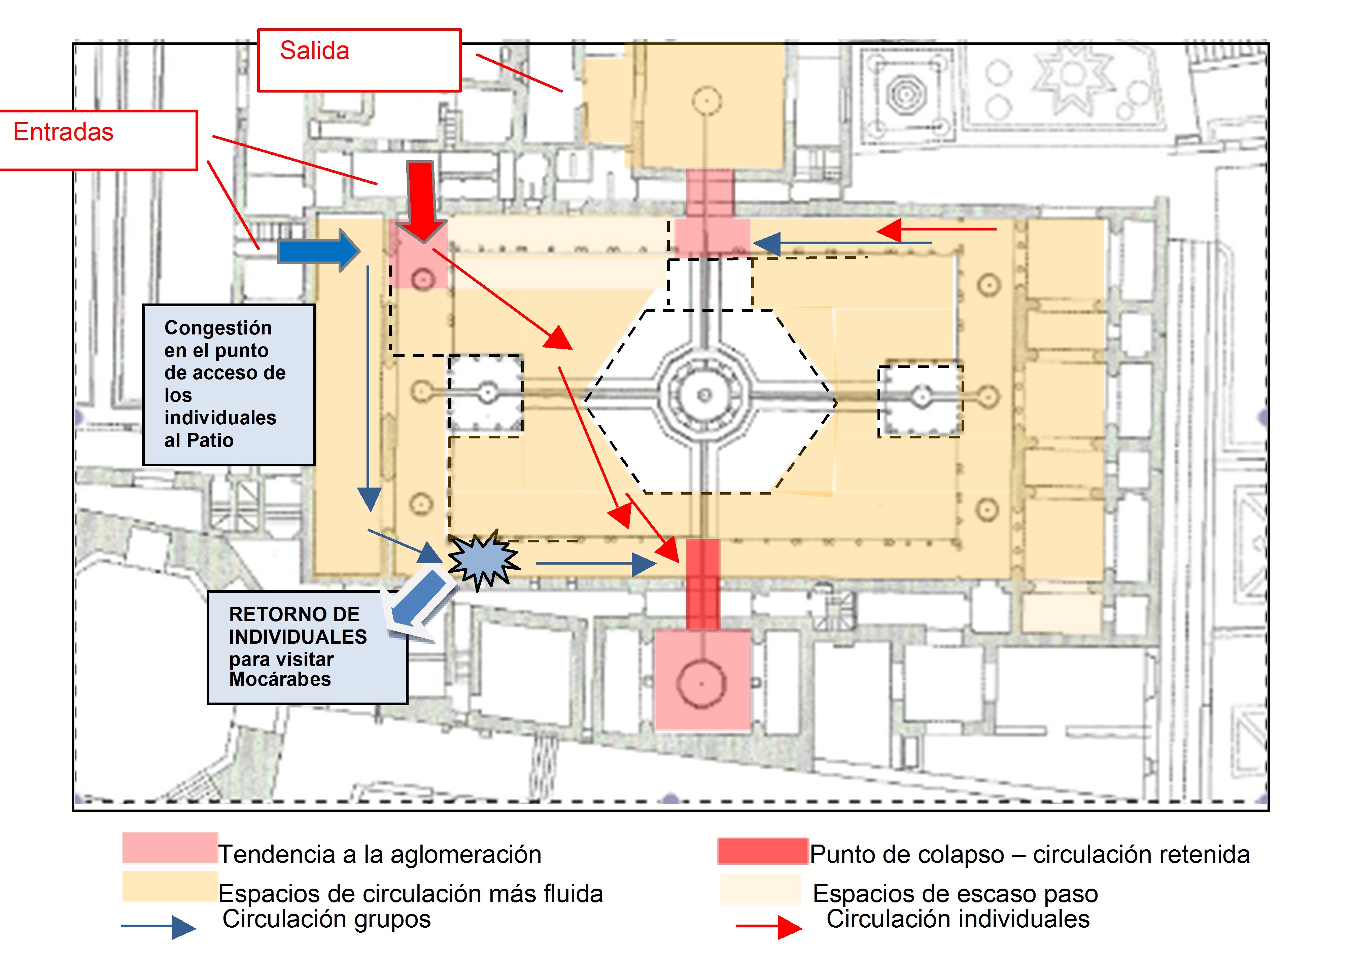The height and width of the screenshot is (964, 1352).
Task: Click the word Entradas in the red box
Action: coord(64,132)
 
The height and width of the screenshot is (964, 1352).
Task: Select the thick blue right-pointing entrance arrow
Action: coord(319,250)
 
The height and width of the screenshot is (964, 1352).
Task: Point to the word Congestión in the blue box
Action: coord(218,328)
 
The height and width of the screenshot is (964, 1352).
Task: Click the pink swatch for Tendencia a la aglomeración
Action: coord(170,847)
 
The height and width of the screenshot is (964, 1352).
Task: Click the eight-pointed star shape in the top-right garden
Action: coord(1073,75)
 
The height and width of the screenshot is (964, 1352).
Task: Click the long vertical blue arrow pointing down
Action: coord(369,389)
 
